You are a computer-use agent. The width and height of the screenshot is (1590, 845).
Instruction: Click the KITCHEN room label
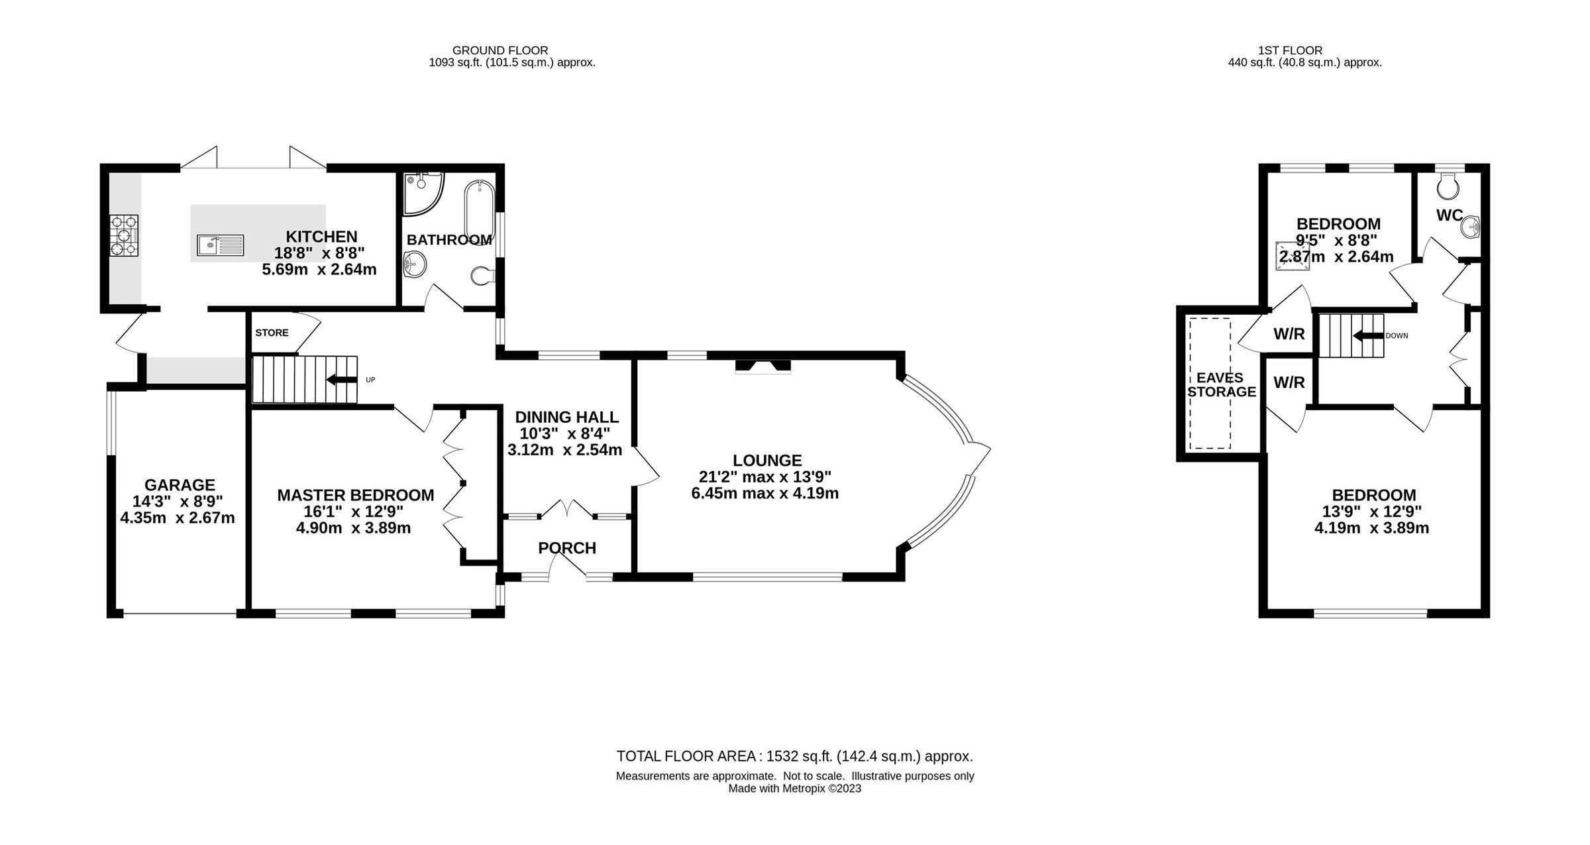click(321, 237)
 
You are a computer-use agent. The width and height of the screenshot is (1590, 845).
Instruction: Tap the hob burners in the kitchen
click(125, 235)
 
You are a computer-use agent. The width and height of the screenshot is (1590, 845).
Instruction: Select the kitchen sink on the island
click(220, 245)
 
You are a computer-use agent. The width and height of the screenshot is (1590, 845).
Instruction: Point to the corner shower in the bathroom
click(421, 192)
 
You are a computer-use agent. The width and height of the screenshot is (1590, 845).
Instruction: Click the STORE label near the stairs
click(272, 333)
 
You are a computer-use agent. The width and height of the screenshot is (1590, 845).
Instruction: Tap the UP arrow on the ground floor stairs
click(342, 379)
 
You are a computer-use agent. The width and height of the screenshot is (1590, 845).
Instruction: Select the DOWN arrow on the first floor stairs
click(1367, 336)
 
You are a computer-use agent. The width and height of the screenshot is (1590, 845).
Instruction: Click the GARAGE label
click(180, 485)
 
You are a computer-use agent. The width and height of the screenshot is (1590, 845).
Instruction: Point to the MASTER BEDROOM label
click(355, 495)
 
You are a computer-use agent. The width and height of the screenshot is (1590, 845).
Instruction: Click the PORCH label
click(567, 548)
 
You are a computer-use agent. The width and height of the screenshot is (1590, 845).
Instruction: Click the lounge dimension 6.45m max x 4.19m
click(765, 494)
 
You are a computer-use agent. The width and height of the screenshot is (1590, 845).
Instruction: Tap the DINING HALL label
click(566, 417)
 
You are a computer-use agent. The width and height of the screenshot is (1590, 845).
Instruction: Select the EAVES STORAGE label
click(1221, 384)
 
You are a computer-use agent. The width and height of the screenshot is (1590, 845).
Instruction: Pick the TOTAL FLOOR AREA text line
click(794, 756)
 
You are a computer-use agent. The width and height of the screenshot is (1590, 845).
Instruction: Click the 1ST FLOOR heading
click(1289, 50)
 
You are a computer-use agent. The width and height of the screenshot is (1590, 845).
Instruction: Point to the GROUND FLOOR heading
click(500, 50)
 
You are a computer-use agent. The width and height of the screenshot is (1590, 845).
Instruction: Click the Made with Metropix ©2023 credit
click(794, 789)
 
